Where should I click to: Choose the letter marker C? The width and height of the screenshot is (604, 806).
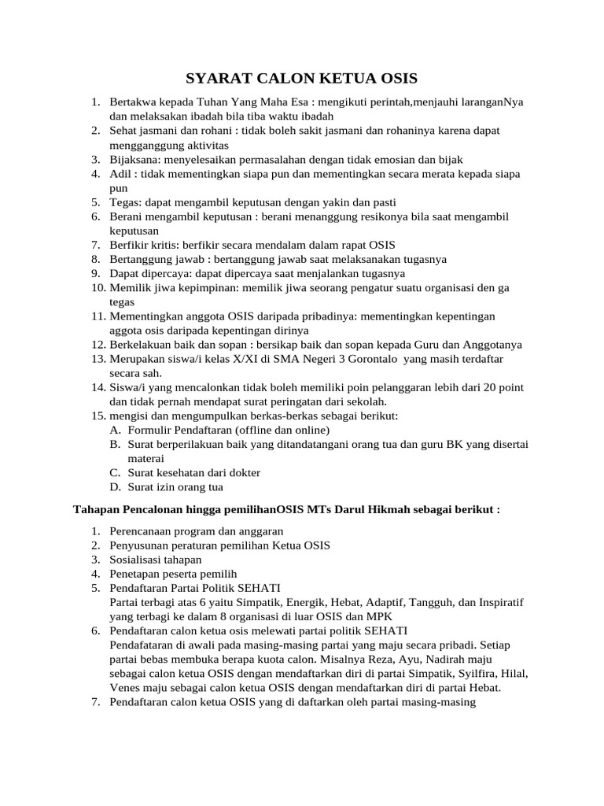pos(115,472)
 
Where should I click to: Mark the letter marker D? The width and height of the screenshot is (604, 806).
pos(115,486)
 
